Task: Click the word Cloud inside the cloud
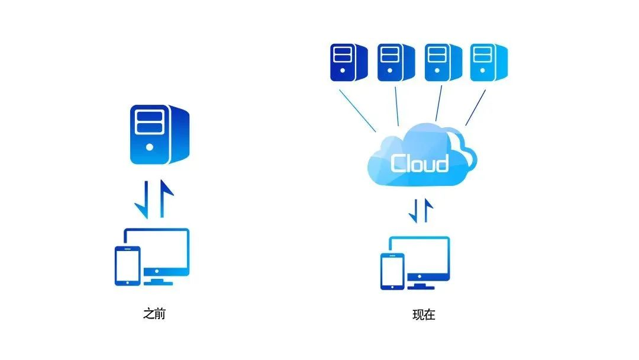(419, 162)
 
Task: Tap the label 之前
(154, 314)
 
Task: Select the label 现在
(424, 314)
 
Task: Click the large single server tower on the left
(160, 134)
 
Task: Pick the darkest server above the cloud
(348, 62)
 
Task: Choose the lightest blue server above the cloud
(489, 62)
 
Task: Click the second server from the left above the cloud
(395, 62)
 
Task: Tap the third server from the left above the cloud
(442, 62)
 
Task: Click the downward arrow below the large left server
(142, 198)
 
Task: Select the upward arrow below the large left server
(166, 198)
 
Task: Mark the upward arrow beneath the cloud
(428, 210)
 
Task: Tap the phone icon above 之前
(127, 266)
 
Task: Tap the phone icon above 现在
(392, 271)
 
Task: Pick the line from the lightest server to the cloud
(476, 108)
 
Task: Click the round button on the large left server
(150, 146)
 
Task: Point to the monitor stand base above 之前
(159, 282)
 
